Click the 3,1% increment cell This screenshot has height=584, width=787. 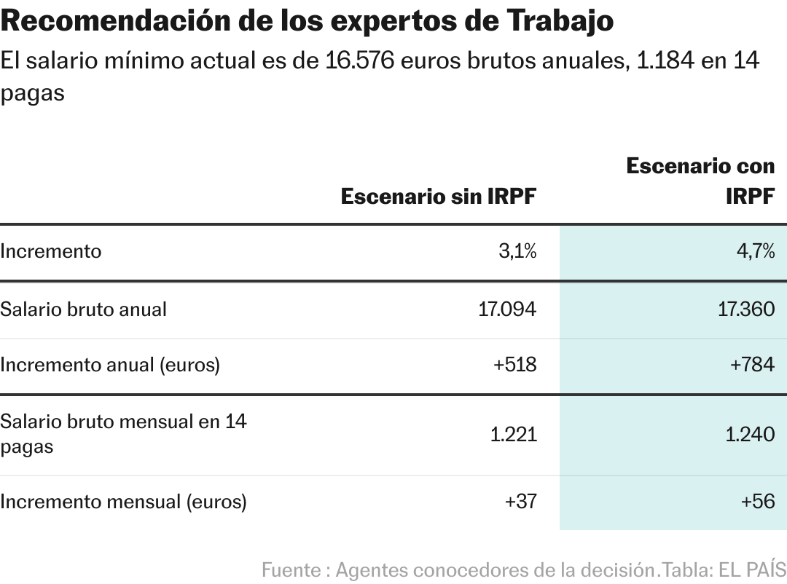point(517,252)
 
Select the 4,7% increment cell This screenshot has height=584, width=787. point(756,252)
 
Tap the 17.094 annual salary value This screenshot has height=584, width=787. point(507,309)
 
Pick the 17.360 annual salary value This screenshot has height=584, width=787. point(746,309)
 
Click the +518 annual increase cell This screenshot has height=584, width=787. point(514,365)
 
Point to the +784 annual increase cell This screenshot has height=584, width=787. point(752,365)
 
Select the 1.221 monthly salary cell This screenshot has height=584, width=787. point(513,435)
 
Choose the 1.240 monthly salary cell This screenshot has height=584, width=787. point(750,435)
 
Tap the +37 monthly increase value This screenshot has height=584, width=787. point(520,502)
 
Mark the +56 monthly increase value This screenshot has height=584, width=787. point(758,502)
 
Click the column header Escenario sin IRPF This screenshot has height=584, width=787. point(439,197)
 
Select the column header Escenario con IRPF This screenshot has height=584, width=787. point(700,181)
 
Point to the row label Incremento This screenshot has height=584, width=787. point(51,252)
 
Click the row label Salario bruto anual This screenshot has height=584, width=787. point(83,309)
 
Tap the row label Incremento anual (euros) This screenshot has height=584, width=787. point(109,365)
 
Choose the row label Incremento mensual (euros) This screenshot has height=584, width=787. point(123,502)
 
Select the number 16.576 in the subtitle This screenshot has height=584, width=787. point(360,61)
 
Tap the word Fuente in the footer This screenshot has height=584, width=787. point(291,569)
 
